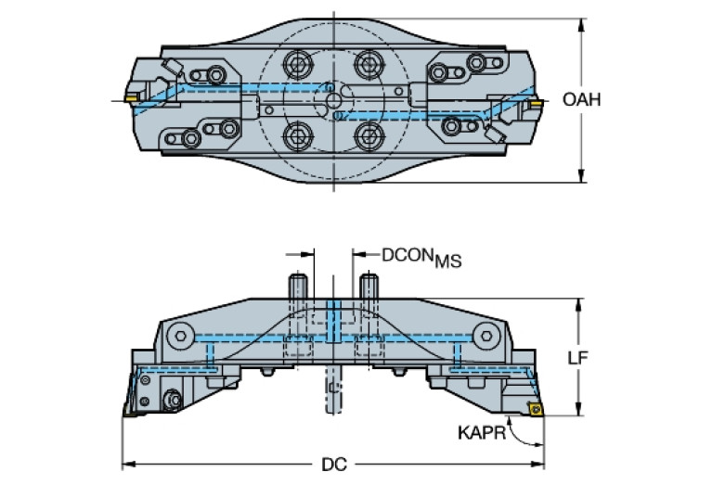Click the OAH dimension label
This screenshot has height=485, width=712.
click(581, 99)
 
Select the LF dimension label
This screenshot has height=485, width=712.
click(578, 358)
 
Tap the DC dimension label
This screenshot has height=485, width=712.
click(334, 464)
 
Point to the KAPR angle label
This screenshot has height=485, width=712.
click(482, 433)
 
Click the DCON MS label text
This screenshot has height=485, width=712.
click(421, 258)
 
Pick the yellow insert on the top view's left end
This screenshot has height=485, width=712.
click(132, 98)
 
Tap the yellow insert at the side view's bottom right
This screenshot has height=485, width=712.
click(536, 408)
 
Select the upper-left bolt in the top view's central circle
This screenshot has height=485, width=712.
click(297, 64)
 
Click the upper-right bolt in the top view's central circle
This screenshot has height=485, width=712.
click(369, 64)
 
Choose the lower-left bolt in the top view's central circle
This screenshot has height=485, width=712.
click(297, 136)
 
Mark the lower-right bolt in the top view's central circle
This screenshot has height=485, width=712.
click(369, 136)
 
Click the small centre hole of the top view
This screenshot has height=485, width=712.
click(334, 100)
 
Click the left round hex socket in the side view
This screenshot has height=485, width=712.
click(181, 337)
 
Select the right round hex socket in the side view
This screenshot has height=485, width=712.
click(486, 337)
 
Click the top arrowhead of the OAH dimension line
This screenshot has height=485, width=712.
click(581, 25)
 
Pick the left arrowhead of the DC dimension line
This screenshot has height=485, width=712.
click(129, 464)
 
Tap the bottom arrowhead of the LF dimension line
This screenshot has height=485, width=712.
click(578, 409)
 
